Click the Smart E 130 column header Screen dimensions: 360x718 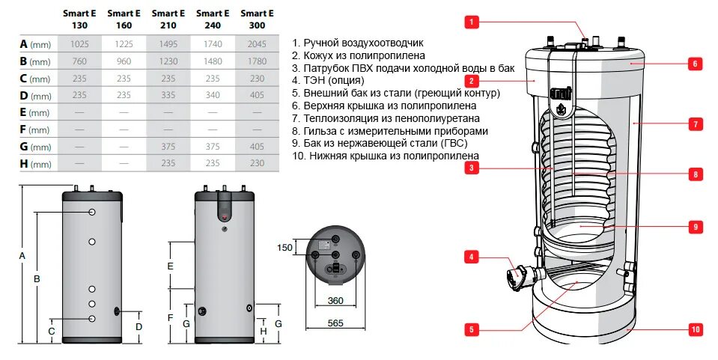tap(79, 19)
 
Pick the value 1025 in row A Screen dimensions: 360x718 tap(79, 44)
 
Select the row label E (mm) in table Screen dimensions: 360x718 tap(34, 112)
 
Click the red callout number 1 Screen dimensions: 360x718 tap(471, 22)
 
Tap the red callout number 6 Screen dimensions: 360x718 tap(695, 64)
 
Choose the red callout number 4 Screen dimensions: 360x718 tap(471, 257)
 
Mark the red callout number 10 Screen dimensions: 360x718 tap(695, 329)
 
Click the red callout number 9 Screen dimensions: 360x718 tap(695, 225)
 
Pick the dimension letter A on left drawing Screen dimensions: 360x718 tap(22, 256)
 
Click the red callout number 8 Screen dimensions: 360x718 tap(695, 174)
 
